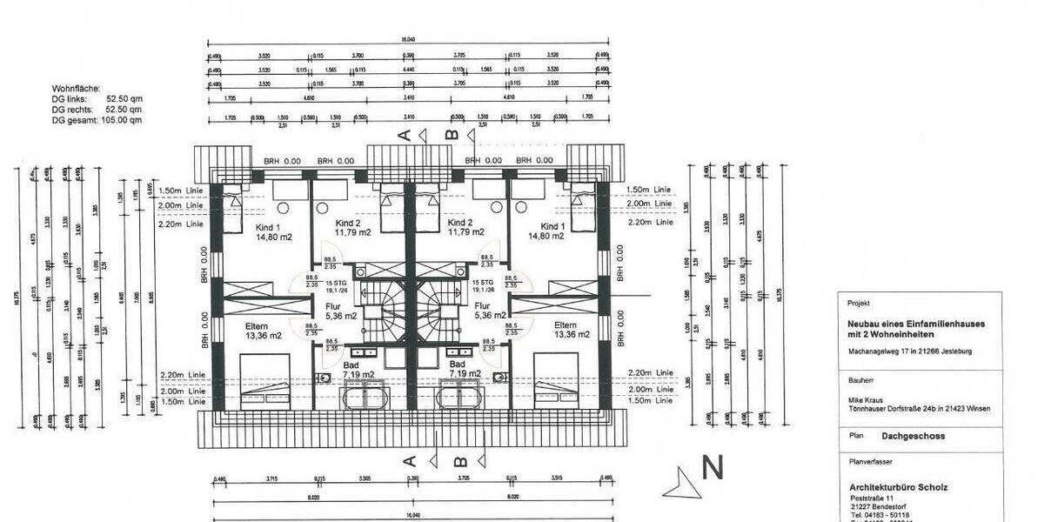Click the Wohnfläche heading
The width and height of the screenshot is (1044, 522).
click(77, 89)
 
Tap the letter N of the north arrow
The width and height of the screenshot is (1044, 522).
click(713, 469)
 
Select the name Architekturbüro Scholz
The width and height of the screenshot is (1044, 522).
click(899, 486)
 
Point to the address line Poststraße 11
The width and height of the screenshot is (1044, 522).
click(873, 497)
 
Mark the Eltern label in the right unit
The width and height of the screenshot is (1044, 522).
click(572, 325)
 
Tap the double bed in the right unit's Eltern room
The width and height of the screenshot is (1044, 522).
click(567, 381)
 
